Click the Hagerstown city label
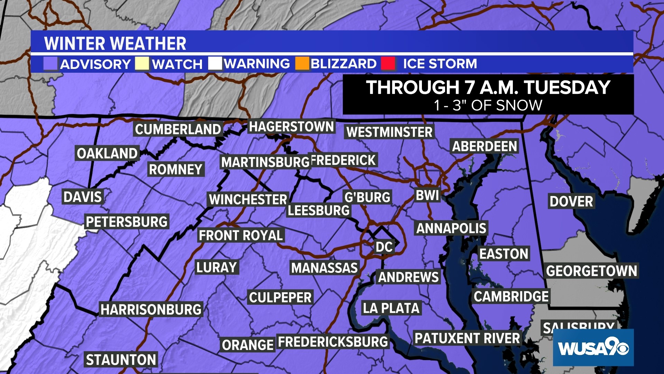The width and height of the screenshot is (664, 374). (x=291, y=127)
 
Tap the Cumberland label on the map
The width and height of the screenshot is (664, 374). (x=178, y=130)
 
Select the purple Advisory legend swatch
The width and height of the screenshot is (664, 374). (x=50, y=64)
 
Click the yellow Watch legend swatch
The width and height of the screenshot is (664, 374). (x=142, y=64)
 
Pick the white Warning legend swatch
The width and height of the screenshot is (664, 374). (x=215, y=64)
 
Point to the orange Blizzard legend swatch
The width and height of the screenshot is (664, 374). (x=302, y=64)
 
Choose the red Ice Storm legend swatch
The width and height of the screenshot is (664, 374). (x=388, y=64)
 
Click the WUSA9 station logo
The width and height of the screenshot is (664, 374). (x=593, y=347)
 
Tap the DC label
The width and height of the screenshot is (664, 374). (x=384, y=247)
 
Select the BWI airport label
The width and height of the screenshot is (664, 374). (x=427, y=195)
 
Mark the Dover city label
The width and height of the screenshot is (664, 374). (x=571, y=201)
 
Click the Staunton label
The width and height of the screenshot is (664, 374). (x=121, y=360)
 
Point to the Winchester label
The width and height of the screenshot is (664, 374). (x=248, y=199)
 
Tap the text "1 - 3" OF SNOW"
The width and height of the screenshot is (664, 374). (x=488, y=106)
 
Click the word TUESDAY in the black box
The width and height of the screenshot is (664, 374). (x=567, y=87)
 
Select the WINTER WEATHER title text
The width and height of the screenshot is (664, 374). (x=115, y=44)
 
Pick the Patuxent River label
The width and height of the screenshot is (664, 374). (x=467, y=338)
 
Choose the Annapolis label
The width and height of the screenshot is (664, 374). (x=451, y=228)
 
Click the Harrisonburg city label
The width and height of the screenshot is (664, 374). (x=151, y=309)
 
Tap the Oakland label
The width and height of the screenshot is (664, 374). (x=107, y=153)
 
